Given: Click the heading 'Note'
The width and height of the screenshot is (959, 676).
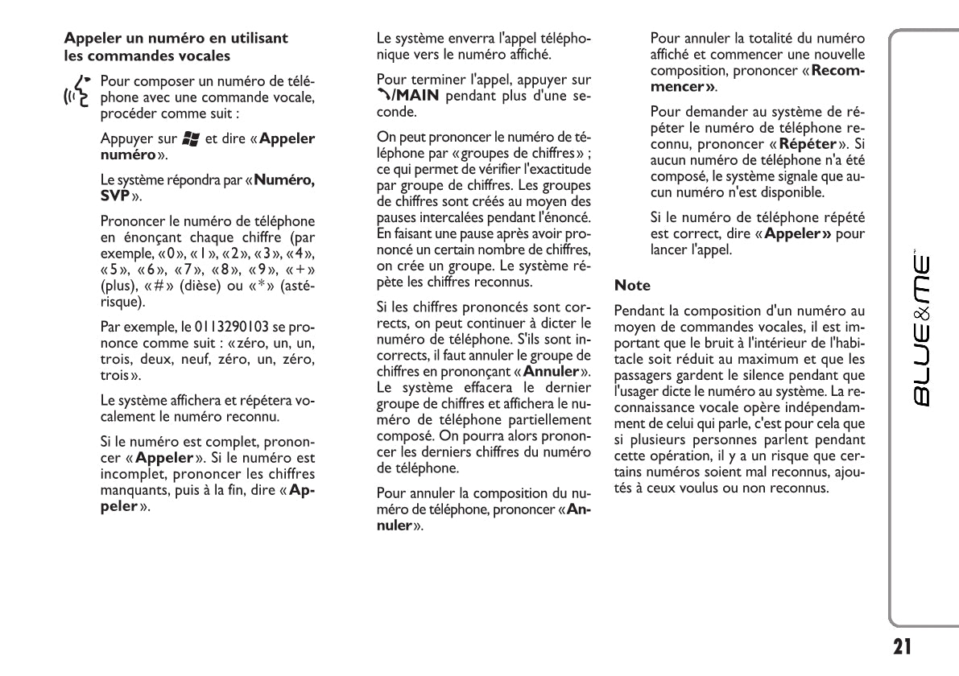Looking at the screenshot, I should [x=632, y=285].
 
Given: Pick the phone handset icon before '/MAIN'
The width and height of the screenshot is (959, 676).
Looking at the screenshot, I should [x=383, y=97].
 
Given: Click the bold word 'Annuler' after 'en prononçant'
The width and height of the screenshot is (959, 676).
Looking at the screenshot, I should [x=552, y=371].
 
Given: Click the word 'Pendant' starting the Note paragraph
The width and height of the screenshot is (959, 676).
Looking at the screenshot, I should [x=637, y=310].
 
